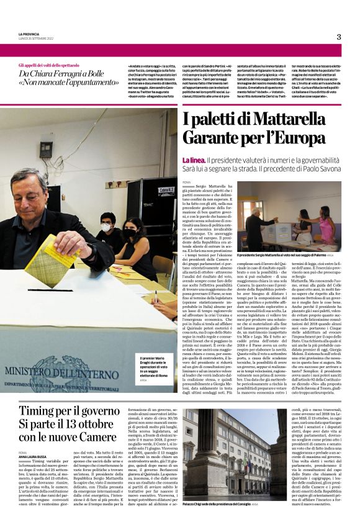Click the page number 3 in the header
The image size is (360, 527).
click(x=338, y=37)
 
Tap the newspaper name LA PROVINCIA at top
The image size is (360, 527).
click(x=30, y=34)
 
